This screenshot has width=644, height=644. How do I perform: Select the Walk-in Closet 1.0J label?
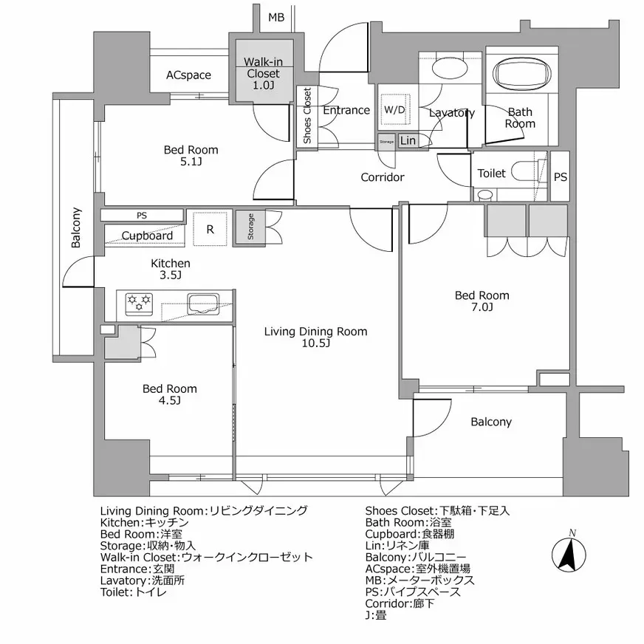tap(262, 74)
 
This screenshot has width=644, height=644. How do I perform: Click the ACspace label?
tap(188, 75)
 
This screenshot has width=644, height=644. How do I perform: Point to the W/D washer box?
tap(394, 109)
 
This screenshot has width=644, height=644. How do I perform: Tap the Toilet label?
tap(491, 174)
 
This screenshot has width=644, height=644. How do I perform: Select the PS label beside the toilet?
tap(561, 177)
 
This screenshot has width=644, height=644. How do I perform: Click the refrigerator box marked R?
tap(210, 229)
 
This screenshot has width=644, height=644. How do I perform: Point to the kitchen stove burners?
tap(139, 301)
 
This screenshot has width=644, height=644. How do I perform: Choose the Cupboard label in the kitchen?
tap(147, 236)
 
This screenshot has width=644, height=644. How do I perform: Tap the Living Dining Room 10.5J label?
tap(315, 338)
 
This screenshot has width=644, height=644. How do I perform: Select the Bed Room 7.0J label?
tap(482, 301)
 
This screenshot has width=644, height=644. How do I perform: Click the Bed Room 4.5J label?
tap(170, 394)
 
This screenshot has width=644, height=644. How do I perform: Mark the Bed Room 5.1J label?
tap(191, 156)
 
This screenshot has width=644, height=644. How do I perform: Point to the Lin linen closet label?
tap(408, 140)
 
